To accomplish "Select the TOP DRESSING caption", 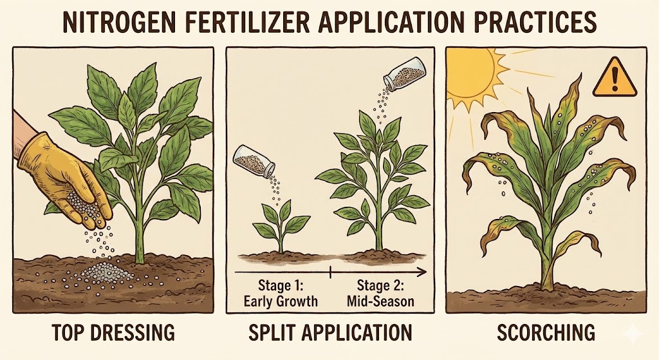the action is [114, 332].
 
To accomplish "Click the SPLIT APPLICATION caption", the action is [330, 332].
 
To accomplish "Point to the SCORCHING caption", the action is [546, 332].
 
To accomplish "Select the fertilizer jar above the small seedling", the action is [254, 160].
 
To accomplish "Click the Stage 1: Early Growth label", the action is [281, 294].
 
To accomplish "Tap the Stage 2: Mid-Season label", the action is [380, 294].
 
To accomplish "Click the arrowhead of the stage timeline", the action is [422, 272].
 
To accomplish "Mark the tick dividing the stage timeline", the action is [331, 272].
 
